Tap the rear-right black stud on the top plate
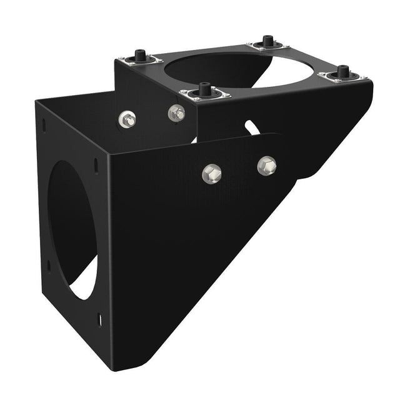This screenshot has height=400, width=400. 267,41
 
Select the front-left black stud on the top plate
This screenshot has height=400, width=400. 205,89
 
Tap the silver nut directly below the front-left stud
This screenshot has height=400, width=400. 177,112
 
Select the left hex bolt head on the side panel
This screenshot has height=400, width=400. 212,173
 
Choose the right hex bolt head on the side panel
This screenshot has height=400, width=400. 267,165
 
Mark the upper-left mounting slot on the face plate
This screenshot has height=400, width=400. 43,125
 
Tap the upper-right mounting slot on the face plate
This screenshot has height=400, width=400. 96,165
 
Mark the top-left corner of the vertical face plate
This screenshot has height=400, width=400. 36,101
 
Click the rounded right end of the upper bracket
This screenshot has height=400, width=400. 369,94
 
